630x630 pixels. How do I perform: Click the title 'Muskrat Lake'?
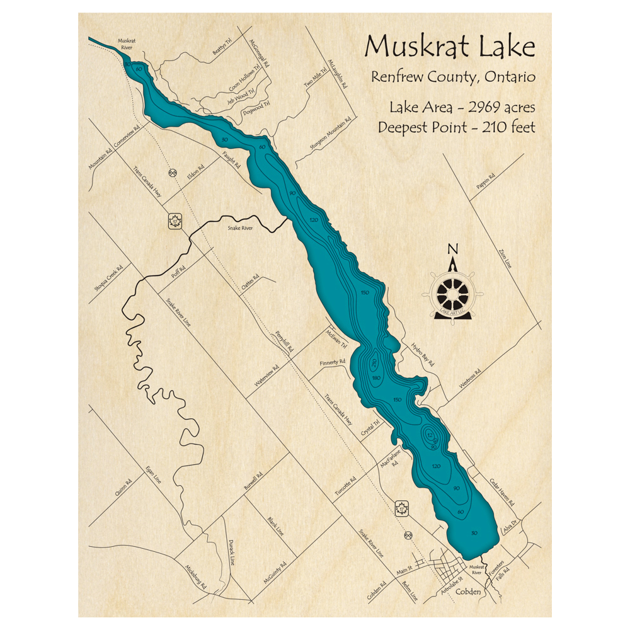click(x=450, y=48)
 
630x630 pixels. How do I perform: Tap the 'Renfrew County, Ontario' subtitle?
click(x=453, y=77)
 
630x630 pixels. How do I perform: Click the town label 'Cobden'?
click(x=468, y=592)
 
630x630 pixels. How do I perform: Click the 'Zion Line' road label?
click(x=504, y=258)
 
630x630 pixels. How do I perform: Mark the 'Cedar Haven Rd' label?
click(x=502, y=493)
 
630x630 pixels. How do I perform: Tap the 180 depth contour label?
click(x=376, y=378)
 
